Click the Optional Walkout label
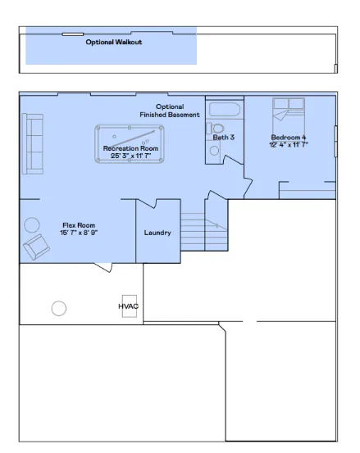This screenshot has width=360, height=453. pos(114,42)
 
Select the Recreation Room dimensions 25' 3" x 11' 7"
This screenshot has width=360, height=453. pos(131,156)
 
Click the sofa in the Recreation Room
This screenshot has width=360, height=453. pos(33,144)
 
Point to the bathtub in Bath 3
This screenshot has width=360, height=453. pos(225,109)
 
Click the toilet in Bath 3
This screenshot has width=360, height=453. pos(215,129)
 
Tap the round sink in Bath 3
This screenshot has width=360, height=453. pos(214,151)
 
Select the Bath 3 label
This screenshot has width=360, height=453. pos(224,138)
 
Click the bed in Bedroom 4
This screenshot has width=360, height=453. pos(289,116)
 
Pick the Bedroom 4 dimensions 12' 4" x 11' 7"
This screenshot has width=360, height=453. pos(289,144)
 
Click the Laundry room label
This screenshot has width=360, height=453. pos(157,233)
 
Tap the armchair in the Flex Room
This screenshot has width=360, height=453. pos(36,247)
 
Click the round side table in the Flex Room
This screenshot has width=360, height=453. pos(32,225)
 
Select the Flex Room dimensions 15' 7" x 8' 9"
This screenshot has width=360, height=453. pos(79,233)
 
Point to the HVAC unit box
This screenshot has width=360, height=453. pos(130,306)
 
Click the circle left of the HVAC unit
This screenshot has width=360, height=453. pos(59,308)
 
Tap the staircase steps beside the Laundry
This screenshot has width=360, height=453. pos(204,232)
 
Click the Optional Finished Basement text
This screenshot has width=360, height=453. pos(170,111)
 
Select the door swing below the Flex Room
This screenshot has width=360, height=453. pos(103,268)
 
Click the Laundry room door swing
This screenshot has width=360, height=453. pos(147,204)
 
